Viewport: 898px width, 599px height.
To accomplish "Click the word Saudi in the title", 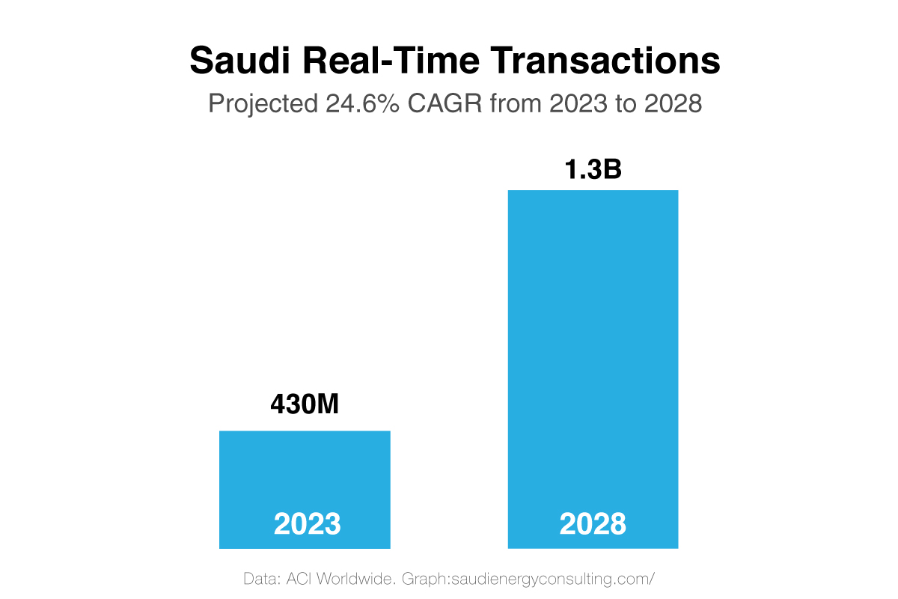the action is point(239,60).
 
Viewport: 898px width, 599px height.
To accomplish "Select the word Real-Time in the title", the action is point(391,60).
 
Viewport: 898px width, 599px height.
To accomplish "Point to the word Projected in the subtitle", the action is point(263,104).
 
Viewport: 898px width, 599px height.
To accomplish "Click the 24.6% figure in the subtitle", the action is point(362,103).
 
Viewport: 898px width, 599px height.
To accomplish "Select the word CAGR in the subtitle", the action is point(445,103).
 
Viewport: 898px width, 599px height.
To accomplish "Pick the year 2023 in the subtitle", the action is point(578,103).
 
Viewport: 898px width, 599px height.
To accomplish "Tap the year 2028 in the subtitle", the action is point(673,103).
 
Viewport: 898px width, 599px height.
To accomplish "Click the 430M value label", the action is point(305,404).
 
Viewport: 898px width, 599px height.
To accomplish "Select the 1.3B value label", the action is point(593,169).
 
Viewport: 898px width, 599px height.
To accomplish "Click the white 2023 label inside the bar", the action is point(307,523).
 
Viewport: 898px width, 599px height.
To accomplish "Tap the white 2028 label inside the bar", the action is point(593,523).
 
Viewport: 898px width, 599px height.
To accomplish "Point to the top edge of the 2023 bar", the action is point(305,431).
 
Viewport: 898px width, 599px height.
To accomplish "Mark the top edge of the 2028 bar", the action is point(593,191).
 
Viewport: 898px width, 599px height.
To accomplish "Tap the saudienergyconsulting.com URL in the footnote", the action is point(553,580).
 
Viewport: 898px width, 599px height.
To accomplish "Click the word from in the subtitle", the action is point(515,103).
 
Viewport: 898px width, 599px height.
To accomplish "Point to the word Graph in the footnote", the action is point(426,580).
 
